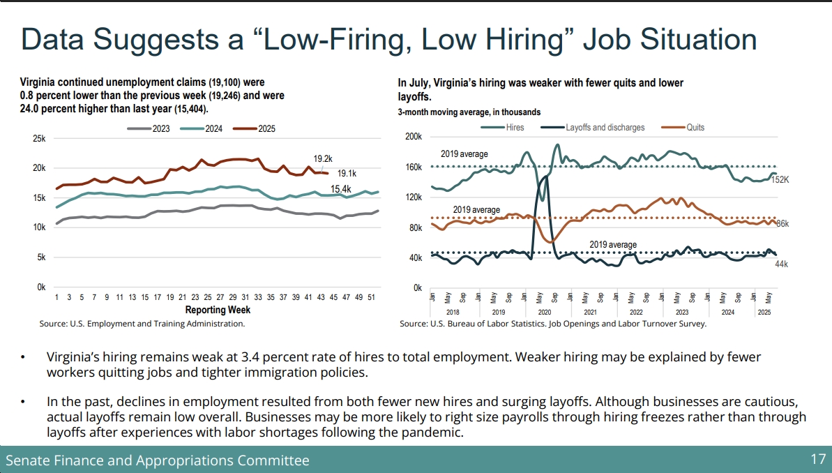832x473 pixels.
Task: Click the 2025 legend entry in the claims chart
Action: tap(257, 128)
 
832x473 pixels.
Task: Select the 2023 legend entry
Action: tap(151, 128)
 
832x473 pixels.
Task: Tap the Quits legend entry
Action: tap(685, 128)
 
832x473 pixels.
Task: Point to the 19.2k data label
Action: tap(322, 158)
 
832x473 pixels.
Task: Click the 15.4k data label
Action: tap(340, 189)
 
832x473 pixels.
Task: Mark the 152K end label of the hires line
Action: tap(779, 180)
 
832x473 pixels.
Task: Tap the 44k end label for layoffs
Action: tap(781, 264)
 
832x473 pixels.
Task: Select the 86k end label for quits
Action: tap(782, 224)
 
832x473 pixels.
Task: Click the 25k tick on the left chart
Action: tap(39, 139)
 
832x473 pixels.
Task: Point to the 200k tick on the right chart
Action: tap(413, 137)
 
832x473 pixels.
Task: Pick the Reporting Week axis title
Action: tap(218, 310)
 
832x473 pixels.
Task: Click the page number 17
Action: tap(817, 460)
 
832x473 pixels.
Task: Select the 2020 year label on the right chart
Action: tap(544, 313)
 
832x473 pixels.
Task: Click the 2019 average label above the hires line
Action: tap(464, 154)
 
